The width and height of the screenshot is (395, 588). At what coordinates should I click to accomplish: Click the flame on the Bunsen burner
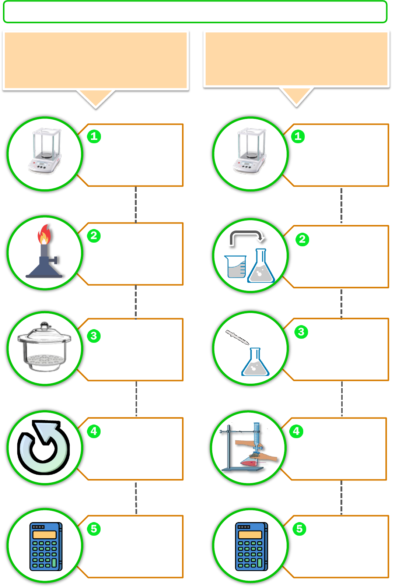click(x=44, y=235)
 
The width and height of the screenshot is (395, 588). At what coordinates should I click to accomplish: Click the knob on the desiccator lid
click(x=45, y=325)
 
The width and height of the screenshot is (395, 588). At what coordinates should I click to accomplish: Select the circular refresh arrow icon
click(x=43, y=447)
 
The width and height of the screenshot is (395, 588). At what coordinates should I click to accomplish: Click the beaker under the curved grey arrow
click(x=235, y=267)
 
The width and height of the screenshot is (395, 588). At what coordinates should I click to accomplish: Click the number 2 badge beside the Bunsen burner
click(x=94, y=235)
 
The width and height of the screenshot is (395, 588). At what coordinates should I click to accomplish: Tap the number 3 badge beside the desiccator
click(x=94, y=335)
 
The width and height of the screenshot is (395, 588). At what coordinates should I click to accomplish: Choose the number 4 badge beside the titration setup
click(x=296, y=431)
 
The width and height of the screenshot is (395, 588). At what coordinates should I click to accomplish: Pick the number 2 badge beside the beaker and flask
click(x=302, y=239)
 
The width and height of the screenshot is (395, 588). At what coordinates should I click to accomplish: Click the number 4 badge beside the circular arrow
click(x=94, y=431)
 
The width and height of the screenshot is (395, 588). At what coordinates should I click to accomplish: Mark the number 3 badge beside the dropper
click(x=301, y=332)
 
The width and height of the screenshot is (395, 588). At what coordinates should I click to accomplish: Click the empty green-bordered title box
click(x=195, y=12)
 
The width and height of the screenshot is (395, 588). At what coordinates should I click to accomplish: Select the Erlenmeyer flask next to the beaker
click(x=261, y=267)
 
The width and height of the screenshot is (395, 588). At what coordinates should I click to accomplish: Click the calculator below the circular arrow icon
click(x=46, y=546)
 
